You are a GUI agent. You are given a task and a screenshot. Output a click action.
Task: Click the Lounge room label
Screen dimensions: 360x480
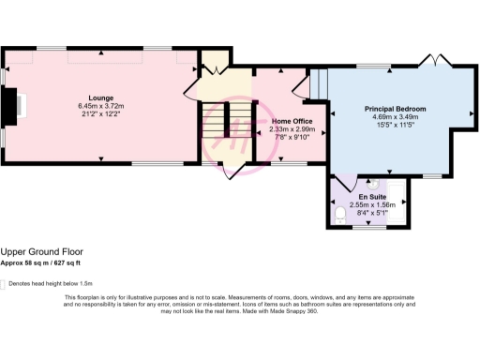click(101, 97)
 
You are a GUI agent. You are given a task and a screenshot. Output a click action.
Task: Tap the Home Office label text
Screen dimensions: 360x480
click(292, 121)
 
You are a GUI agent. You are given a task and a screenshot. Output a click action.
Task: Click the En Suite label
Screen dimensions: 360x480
click(372, 197)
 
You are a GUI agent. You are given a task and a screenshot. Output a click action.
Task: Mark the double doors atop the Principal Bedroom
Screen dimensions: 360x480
click(434, 61)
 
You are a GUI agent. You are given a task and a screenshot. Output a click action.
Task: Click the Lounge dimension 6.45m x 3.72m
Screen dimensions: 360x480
click(101, 106)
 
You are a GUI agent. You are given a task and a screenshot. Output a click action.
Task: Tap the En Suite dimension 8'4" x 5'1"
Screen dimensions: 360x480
click(372, 213)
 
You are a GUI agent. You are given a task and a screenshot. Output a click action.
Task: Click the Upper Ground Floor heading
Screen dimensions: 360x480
click(41, 251)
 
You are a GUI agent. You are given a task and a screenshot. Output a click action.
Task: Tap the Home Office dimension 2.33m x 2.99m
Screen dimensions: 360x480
click(292, 129)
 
